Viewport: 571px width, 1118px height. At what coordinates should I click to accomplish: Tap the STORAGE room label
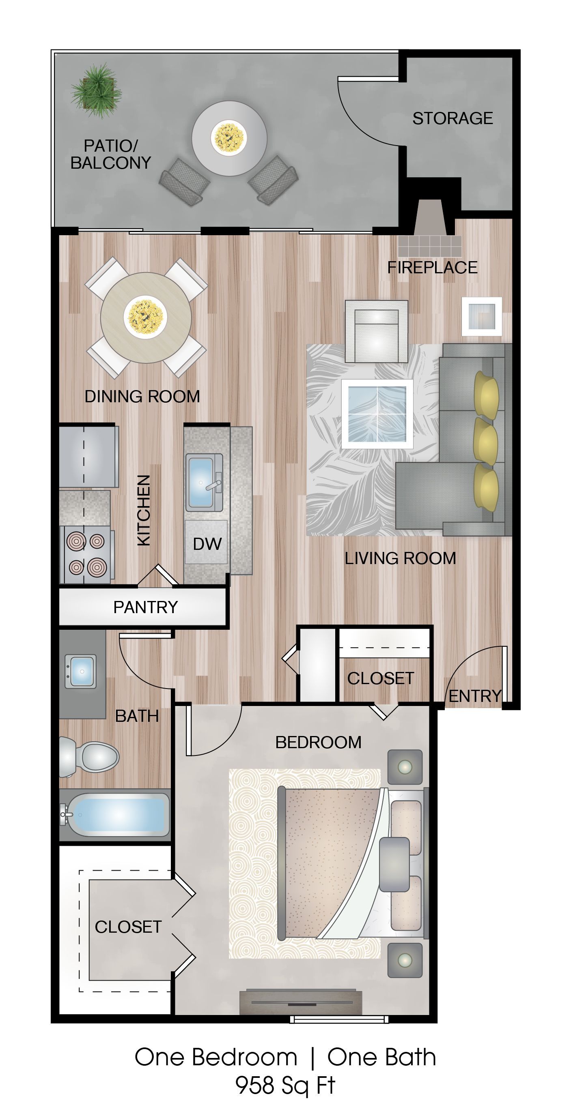click(452, 118)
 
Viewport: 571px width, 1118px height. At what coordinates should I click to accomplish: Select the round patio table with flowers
click(229, 137)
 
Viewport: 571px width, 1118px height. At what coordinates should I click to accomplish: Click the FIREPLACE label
click(432, 267)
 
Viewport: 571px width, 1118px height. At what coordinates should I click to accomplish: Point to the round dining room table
click(146, 317)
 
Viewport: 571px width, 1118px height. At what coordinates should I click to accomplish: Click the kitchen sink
click(203, 482)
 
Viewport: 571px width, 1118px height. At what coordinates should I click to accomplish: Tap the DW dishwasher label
click(207, 544)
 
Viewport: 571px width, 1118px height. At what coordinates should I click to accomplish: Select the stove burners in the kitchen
click(86, 554)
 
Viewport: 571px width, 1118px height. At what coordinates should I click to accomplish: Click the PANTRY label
click(145, 607)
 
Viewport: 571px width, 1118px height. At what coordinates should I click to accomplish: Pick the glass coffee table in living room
click(377, 414)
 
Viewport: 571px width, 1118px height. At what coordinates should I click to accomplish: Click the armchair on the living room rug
click(377, 331)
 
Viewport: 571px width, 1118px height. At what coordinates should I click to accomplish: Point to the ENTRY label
click(474, 696)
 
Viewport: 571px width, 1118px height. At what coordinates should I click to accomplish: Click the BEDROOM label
click(318, 742)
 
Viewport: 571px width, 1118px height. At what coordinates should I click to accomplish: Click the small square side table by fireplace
click(482, 316)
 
